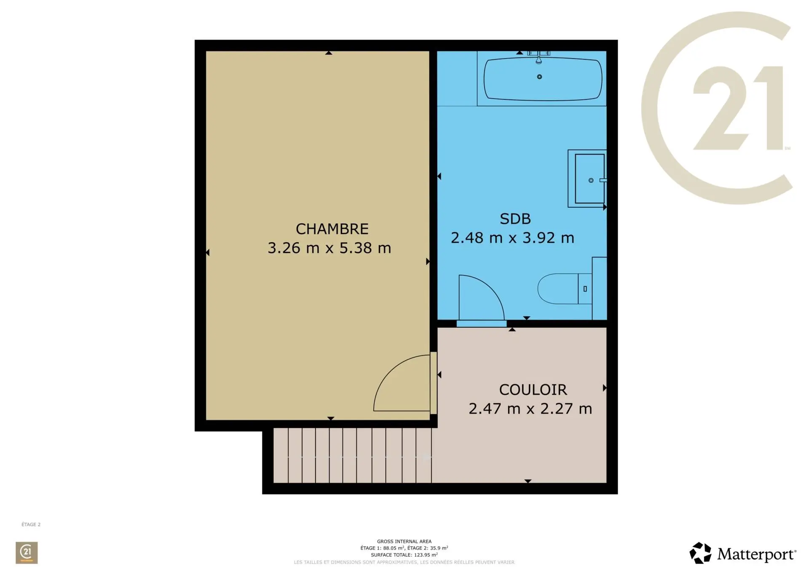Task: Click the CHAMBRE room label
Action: click(x=332, y=229)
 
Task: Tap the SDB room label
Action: click(x=515, y=219)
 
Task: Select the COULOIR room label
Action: click(x=533, y=390)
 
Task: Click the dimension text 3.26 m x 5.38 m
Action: click(x=329, y=248)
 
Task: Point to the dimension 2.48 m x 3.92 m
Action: click(x=512, y=238)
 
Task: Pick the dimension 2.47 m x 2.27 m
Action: click(x=530, y=409)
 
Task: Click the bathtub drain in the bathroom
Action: click(x=539, y=77)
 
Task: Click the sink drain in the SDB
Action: click(x=591, y=180)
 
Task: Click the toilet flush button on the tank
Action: click(x=585, y=289)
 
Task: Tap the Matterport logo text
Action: click(x=756, y=554)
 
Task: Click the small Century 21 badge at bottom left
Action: click(x=27, y=553)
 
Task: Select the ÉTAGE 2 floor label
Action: click(x=31, y=524)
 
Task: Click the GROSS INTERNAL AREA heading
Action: click(x=404, y=541)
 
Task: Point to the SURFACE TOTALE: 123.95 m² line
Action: click(x=404, y=555)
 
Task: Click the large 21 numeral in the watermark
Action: click(x=738, y=108)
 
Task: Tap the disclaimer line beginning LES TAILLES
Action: click(x=404, y=562)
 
